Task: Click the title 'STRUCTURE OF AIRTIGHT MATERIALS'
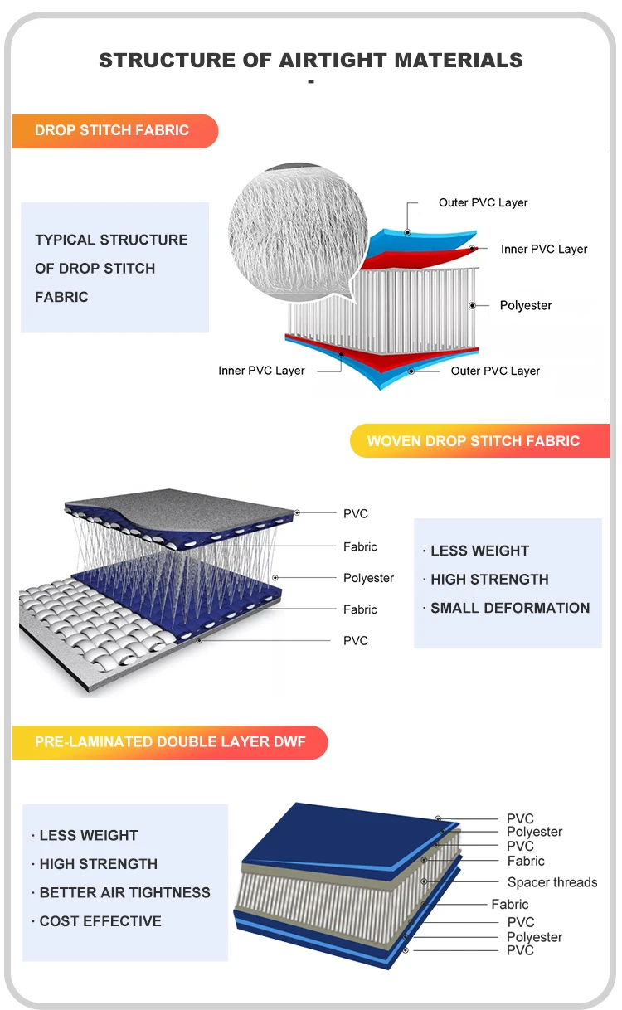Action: tap(311, 61)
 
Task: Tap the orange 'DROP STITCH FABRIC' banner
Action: tap(113, 130)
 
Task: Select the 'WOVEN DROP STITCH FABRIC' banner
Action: tap(474, 440)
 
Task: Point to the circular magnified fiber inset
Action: tap(297, 223)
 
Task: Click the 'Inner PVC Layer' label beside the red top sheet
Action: tap(544, 249)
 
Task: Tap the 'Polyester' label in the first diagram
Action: tap(525, 305)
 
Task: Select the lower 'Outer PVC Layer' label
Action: tap(495, 371)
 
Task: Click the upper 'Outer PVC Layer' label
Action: tap(483, 202)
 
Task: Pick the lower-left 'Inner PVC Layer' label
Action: tap(261, 371)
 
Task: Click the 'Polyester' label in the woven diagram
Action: tap(368, 578)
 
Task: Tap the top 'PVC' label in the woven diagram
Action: tap(356, 514)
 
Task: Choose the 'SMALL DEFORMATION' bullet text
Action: tap(510, 608)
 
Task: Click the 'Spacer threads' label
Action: tap(552, 882)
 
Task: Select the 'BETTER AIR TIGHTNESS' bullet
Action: tap(124, 892)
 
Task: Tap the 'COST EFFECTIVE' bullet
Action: tap(100, 920)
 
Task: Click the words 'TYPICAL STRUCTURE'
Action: tap(111, 240)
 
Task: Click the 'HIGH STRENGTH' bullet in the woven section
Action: tap(489, 579)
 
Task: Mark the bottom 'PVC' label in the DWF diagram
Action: tap(520, 950)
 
